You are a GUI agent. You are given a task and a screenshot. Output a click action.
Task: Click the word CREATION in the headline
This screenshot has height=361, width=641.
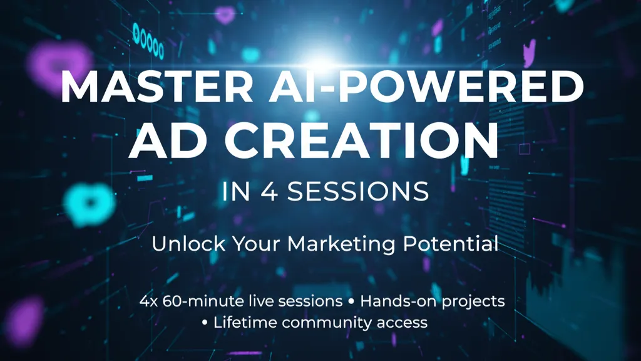(361, 140)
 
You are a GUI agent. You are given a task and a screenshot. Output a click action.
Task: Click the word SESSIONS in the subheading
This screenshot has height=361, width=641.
(358, 191)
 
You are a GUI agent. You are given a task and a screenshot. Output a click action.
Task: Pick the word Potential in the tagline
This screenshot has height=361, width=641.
(451, 244)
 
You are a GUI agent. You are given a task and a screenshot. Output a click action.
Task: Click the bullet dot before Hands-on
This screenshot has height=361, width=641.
(351, 301)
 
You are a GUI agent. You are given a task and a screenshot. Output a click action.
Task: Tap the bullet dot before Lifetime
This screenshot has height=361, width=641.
(205, 323)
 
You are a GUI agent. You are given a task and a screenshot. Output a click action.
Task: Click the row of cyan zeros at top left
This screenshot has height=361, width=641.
(148, 41)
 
